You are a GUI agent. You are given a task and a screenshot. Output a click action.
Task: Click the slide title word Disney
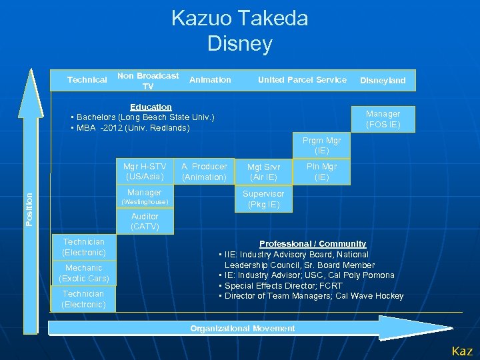[240, 44]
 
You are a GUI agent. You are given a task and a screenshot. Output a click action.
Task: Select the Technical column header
[87, 80]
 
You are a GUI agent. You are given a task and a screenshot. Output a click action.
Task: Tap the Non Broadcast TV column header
[148, 81]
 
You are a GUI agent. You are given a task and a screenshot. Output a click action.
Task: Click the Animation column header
[210, 80]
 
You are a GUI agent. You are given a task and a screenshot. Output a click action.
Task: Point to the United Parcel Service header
[302, 80]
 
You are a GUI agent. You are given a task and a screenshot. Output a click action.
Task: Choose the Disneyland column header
[383, 81]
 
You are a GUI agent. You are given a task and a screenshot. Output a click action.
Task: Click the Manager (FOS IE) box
[383, 119]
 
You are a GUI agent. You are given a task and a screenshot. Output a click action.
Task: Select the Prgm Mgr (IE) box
[321, 146]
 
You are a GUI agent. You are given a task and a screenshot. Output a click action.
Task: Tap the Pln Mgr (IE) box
[321, 172]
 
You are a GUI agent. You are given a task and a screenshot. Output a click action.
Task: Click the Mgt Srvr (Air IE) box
[264, 172]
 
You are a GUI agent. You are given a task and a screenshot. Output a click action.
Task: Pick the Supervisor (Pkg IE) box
[263, 199]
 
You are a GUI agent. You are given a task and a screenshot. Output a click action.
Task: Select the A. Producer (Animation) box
[204, 172]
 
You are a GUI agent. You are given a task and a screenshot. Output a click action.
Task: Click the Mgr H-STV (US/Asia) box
[145, 172]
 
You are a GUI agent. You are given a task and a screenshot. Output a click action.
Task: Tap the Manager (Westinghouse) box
[145, 197]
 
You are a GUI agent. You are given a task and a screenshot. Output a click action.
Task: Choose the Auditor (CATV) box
[145, 222]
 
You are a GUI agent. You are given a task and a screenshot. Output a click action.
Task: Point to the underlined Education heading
[151, 107]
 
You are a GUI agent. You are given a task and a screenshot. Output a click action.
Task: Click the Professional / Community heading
[312, 244]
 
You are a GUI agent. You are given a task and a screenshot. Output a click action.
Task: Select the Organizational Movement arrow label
[242, 328]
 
